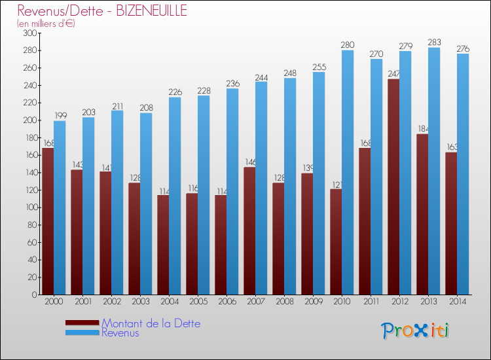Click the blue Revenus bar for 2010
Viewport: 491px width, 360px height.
click(x=348, y=173)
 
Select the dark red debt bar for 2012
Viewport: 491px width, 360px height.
click(x=393, y=187)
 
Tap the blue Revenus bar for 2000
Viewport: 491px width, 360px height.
click(x=60, y=207)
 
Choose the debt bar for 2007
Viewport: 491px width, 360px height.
click(x=249, y=230)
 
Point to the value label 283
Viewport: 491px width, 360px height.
click(x=434, y=43)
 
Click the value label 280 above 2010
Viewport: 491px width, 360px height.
click(x=348, y=45)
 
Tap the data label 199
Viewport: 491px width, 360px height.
click(x=60, y=116)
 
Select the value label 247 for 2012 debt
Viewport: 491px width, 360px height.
click(x=393, y=74)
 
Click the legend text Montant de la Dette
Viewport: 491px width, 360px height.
click(x=151, y=323)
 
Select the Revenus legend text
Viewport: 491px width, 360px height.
click(x=120, y=333)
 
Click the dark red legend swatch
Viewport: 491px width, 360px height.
click(x=82, y=323)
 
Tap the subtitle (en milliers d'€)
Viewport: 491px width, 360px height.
click(x=46, y=24)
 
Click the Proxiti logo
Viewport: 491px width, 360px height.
click(x=415, y=331)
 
